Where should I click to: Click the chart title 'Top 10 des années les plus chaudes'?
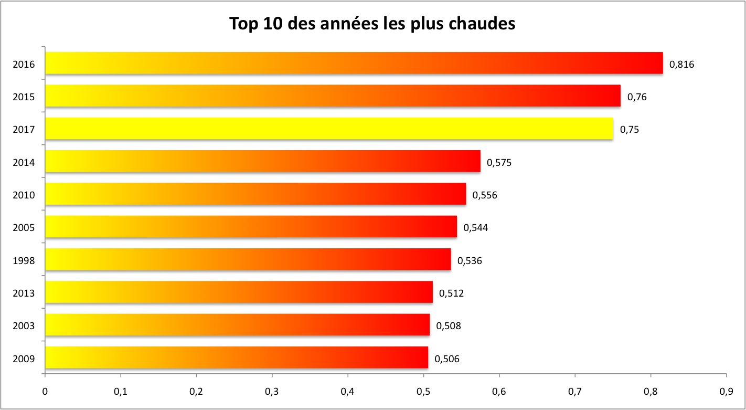[x=372, y=24]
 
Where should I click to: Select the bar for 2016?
[x=354, y=63]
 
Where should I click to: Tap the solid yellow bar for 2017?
[x=329, y=129]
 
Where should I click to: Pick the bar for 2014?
[x=262, y=161]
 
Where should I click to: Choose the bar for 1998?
[x=248, y=259]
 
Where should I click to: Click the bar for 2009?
[x=236, y=358]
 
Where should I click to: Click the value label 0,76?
[x=637, y=97]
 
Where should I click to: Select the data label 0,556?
[x=485, y=195]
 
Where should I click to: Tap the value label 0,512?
[x=451, y=293]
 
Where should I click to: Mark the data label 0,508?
[x=449, y=326]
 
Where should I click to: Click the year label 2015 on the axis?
[x=24, y=97]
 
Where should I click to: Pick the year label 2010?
[x=24, y=195]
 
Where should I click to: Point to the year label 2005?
[x=24, y=228]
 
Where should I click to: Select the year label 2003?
[x=24, y=326]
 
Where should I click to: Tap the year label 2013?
[x=24, y=293]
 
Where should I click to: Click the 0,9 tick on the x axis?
[x=726, y=391]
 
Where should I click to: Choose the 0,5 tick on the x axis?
[x=423, y=391]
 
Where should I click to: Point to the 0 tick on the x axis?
[x=45, y=391]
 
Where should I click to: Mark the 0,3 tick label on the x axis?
[x=272, y=391]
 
